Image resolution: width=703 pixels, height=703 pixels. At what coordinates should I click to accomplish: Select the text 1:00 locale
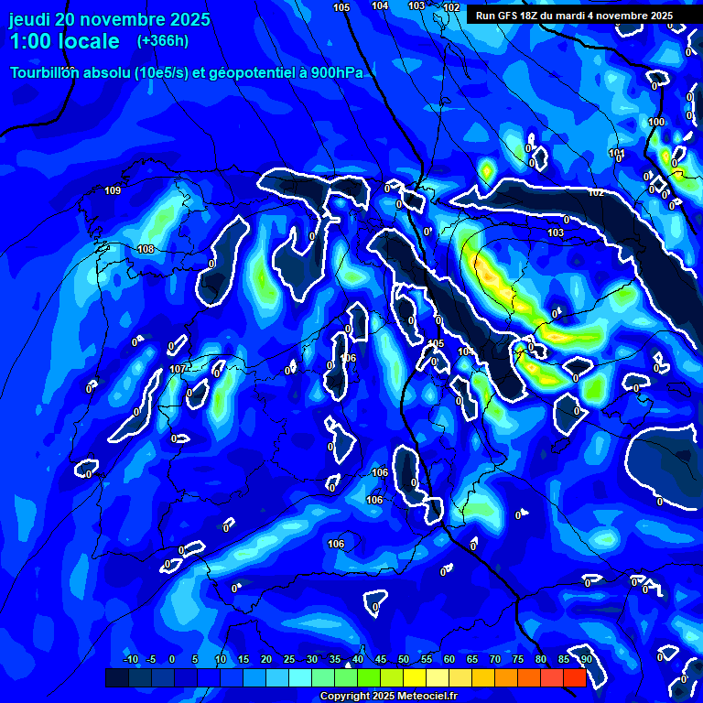point(65,41)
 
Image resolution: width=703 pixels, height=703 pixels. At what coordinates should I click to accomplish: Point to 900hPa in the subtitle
point(336,73)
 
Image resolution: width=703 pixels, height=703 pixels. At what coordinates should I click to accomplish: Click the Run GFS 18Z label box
point(574,16)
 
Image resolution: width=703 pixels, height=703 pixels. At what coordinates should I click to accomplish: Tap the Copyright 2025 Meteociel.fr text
point(388,696)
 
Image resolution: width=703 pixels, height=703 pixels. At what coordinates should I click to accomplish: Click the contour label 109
point(113,190)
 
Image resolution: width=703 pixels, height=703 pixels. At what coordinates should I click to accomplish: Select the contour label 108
point(146,249)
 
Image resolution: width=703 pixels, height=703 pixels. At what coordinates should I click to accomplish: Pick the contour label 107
point(178,369)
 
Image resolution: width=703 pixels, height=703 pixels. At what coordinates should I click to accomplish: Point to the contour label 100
point(656,122)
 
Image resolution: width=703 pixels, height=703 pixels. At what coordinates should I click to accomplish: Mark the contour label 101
point(617,153)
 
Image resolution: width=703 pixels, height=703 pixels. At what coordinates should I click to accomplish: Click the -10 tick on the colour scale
point(130,659)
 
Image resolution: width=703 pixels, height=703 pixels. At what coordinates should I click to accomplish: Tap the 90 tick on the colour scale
point(586,659)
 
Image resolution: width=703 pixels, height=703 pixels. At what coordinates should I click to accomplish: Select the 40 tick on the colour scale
point(357,659)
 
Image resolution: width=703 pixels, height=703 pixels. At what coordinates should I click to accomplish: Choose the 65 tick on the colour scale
point(471,659)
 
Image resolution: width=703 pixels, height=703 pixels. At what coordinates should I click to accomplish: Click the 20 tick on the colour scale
point(266,659)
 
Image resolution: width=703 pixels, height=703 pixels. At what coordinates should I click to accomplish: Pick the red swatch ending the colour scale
point(574,677)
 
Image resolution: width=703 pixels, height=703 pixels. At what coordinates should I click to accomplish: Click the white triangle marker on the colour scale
point(347,665)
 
